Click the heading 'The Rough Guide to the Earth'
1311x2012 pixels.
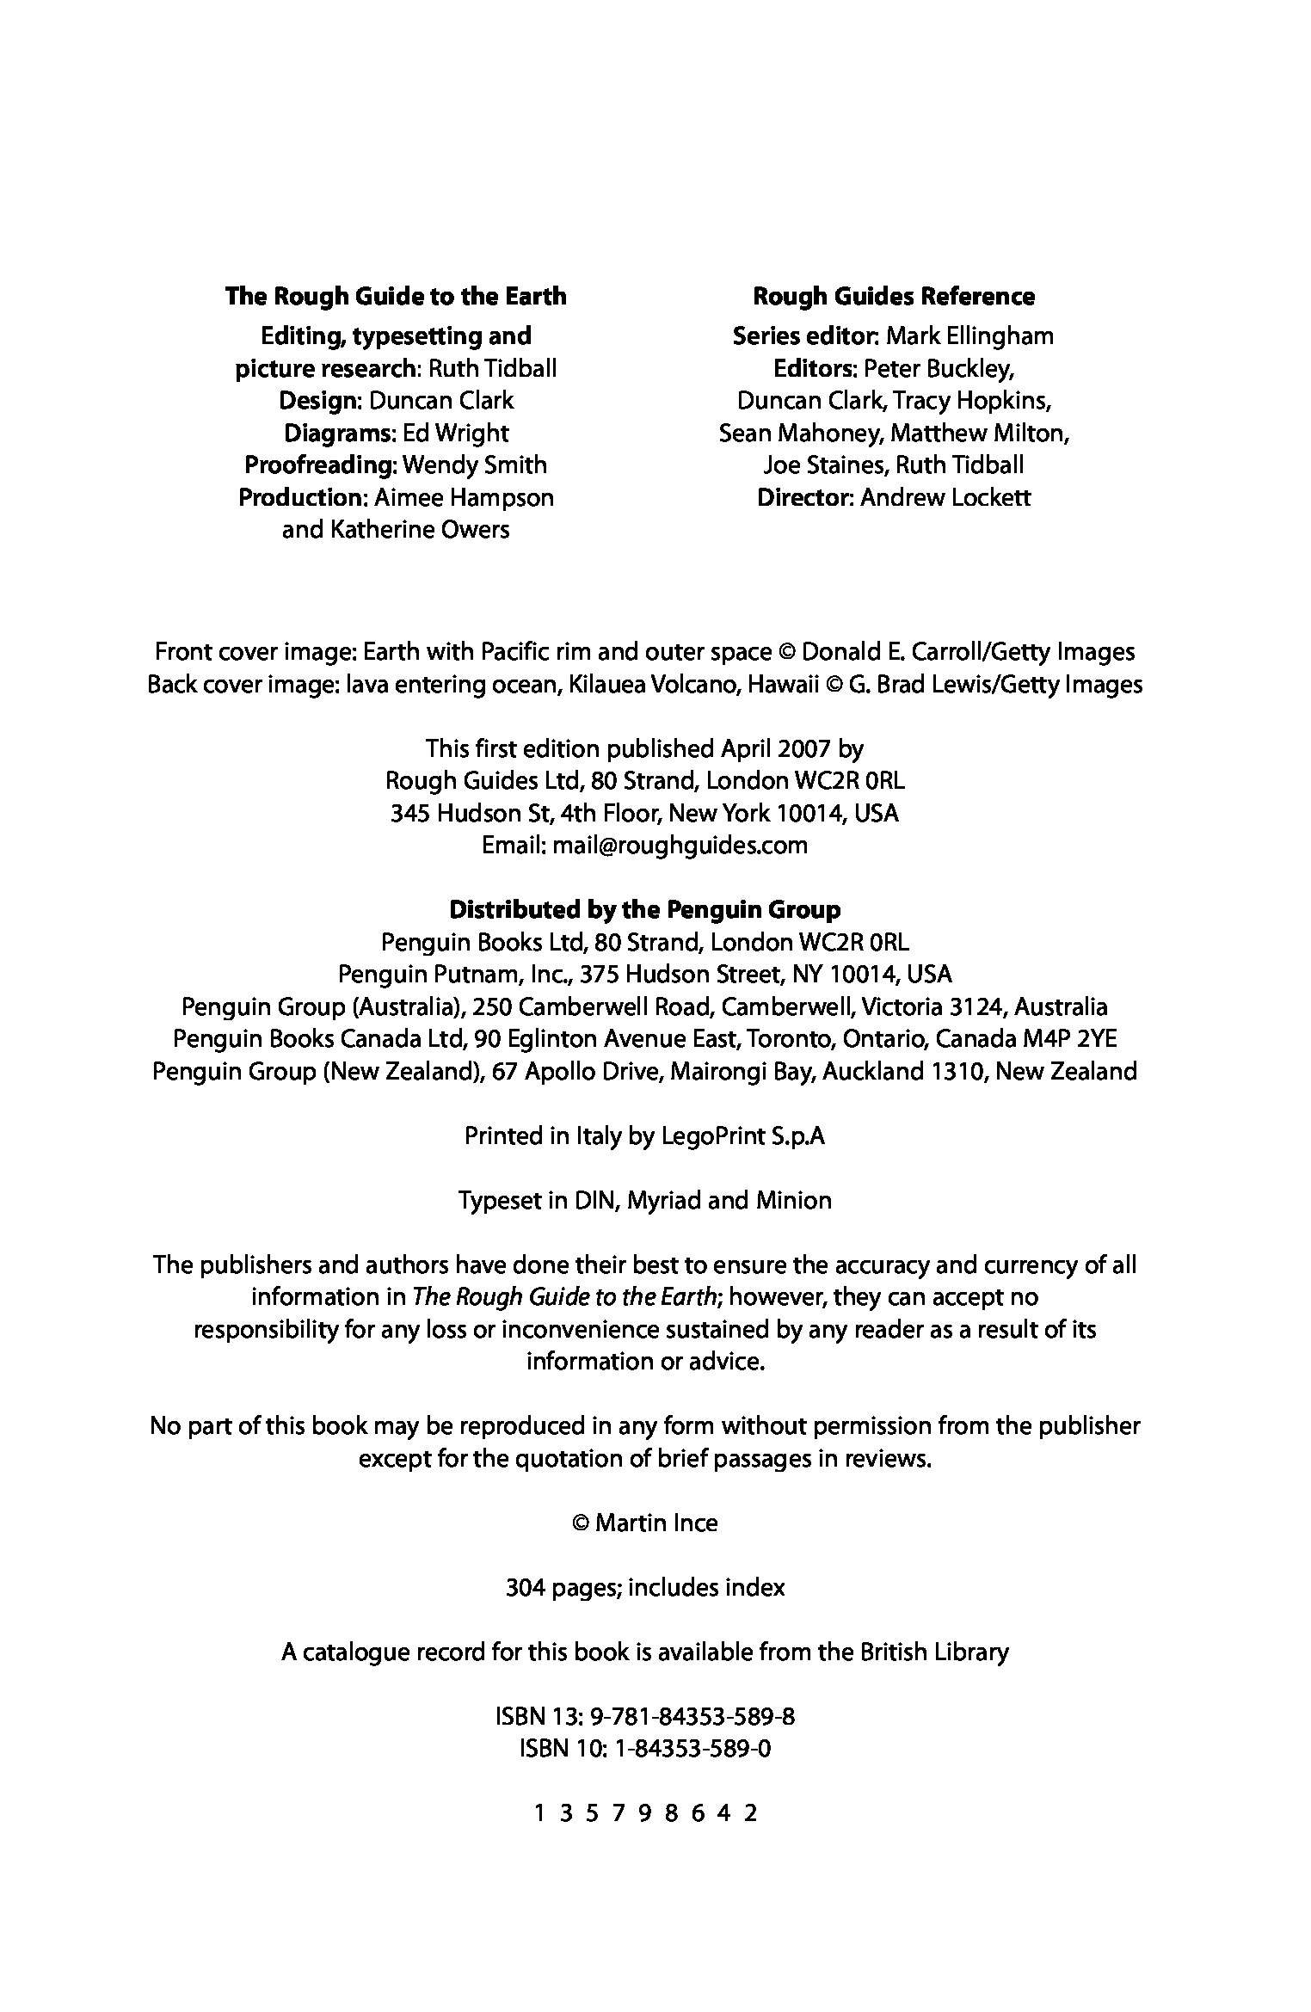point(396,297)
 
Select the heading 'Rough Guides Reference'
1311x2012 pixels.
point(894,297)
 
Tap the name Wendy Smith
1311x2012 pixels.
point(474,465)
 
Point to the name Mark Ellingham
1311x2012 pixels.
point(969,336)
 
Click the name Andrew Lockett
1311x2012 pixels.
point(945,498)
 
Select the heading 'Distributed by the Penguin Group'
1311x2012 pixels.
point(645,910)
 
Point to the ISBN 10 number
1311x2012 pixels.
point(692,1750)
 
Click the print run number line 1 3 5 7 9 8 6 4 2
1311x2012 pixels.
point(645,1814)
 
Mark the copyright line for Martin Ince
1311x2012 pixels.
point(645,1523)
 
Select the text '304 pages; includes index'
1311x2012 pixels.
point(645,1588)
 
